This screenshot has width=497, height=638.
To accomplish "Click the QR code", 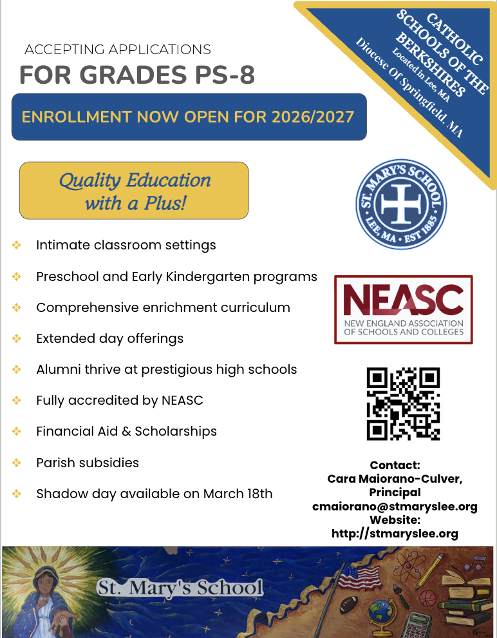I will point(402,403).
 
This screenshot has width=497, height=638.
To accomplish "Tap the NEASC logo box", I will point(403,310).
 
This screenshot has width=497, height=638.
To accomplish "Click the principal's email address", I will point(395,507).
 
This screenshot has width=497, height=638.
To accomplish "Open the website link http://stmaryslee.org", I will point(395,534).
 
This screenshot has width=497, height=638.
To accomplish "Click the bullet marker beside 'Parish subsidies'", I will point(17,463).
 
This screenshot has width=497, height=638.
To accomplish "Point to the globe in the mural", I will point(379,610).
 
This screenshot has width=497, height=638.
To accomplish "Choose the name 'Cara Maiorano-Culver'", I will point(395,479).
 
